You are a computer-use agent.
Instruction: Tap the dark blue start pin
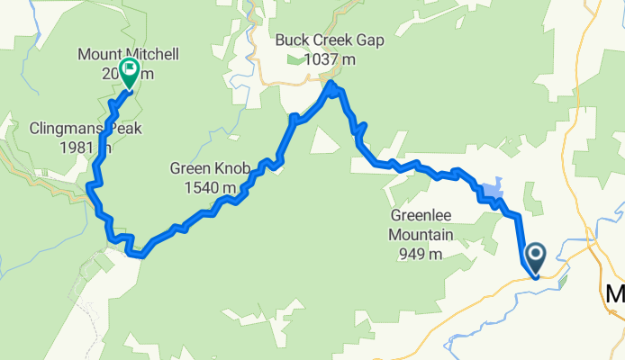click(535, 258)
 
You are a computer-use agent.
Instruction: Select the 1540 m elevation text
click(206, 187)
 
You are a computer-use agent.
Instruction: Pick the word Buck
click(292, 40)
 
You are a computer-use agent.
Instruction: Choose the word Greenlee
click(421, 216)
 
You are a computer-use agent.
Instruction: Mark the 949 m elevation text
click(421, 254)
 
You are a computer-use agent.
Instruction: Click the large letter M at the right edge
click(616, 294)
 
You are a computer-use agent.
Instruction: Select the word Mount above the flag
click(99, 55)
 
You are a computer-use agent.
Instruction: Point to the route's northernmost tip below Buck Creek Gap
click(331, 85)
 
